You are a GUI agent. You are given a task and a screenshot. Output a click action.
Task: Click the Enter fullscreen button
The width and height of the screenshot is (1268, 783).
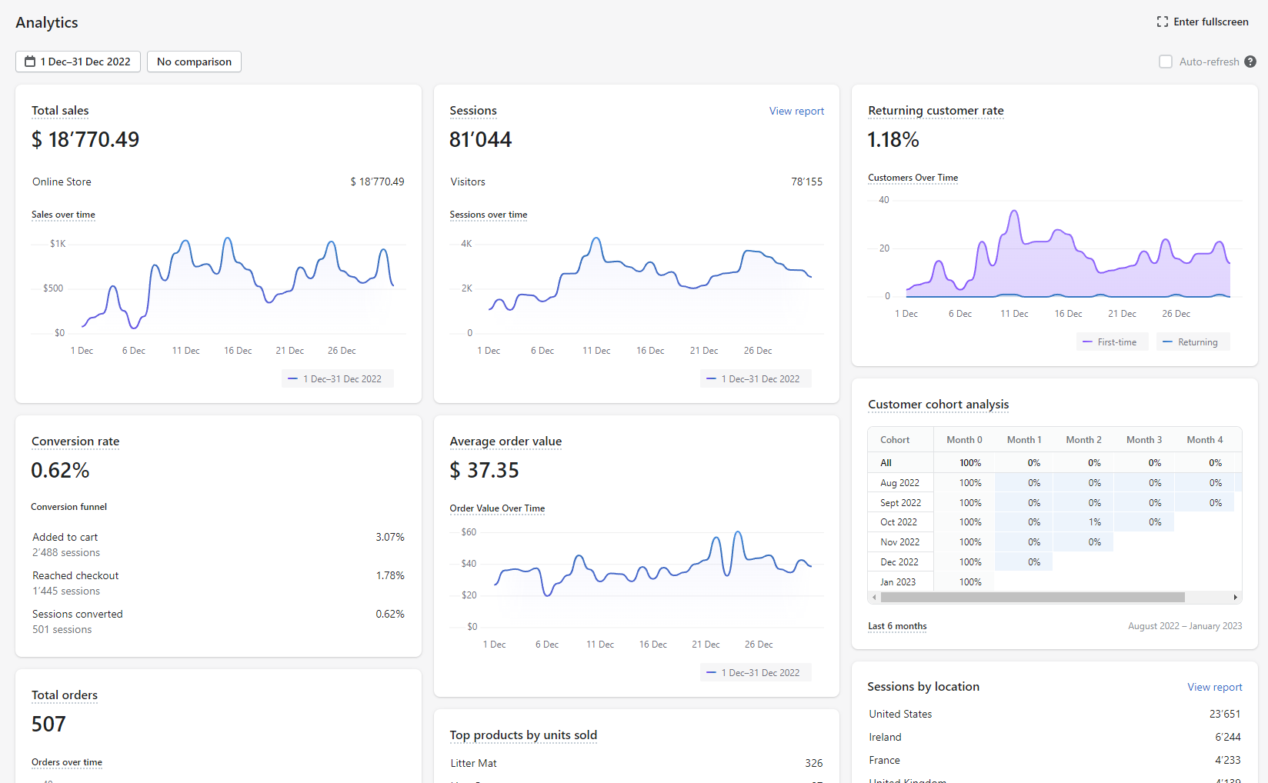[1203, 22]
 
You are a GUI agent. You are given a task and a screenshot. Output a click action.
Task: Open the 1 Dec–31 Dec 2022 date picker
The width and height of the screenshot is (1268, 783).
[78, 62]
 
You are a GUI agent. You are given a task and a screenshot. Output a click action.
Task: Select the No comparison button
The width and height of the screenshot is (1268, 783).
[194, 62]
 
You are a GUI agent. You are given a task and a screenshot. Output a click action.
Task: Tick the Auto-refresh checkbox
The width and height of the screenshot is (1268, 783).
[1166, 62]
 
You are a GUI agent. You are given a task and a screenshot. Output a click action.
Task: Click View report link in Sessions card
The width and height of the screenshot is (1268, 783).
[796, 111]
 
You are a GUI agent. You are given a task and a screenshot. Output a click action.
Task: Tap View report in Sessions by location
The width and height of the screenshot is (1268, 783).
[1215, 687]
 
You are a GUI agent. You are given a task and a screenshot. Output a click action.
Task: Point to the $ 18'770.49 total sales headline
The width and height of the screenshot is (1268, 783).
[85, 139]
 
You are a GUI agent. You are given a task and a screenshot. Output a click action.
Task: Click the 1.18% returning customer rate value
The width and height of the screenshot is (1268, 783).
[893, 139]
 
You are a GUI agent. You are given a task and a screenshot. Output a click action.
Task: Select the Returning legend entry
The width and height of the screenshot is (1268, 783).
[1193, 342]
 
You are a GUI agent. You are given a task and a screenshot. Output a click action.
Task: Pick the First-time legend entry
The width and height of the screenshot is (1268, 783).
[1112, 342]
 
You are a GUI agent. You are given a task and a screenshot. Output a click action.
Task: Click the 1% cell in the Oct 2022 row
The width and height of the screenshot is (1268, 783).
[1095, 522]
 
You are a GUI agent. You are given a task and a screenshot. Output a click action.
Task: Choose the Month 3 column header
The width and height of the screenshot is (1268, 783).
[1144, 440]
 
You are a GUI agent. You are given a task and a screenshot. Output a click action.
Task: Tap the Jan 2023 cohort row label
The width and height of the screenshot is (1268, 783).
[898, 581]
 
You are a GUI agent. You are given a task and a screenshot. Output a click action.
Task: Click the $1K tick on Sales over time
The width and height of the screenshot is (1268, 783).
[58, 244]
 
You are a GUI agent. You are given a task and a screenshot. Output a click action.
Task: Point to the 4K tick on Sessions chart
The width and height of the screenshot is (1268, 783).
[466, 244]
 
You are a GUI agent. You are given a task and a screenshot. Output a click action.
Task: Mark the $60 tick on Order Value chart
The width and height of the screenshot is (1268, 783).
[469, 531]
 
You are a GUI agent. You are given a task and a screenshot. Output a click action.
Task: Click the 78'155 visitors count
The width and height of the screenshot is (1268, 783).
[806, 182]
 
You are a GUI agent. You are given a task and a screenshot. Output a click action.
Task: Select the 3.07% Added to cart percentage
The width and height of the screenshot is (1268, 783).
[390, 537]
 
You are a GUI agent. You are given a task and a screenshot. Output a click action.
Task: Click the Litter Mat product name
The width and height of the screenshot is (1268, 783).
[474, 763]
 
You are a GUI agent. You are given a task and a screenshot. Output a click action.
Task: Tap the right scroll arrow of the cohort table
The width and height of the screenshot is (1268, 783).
[1235, 598]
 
